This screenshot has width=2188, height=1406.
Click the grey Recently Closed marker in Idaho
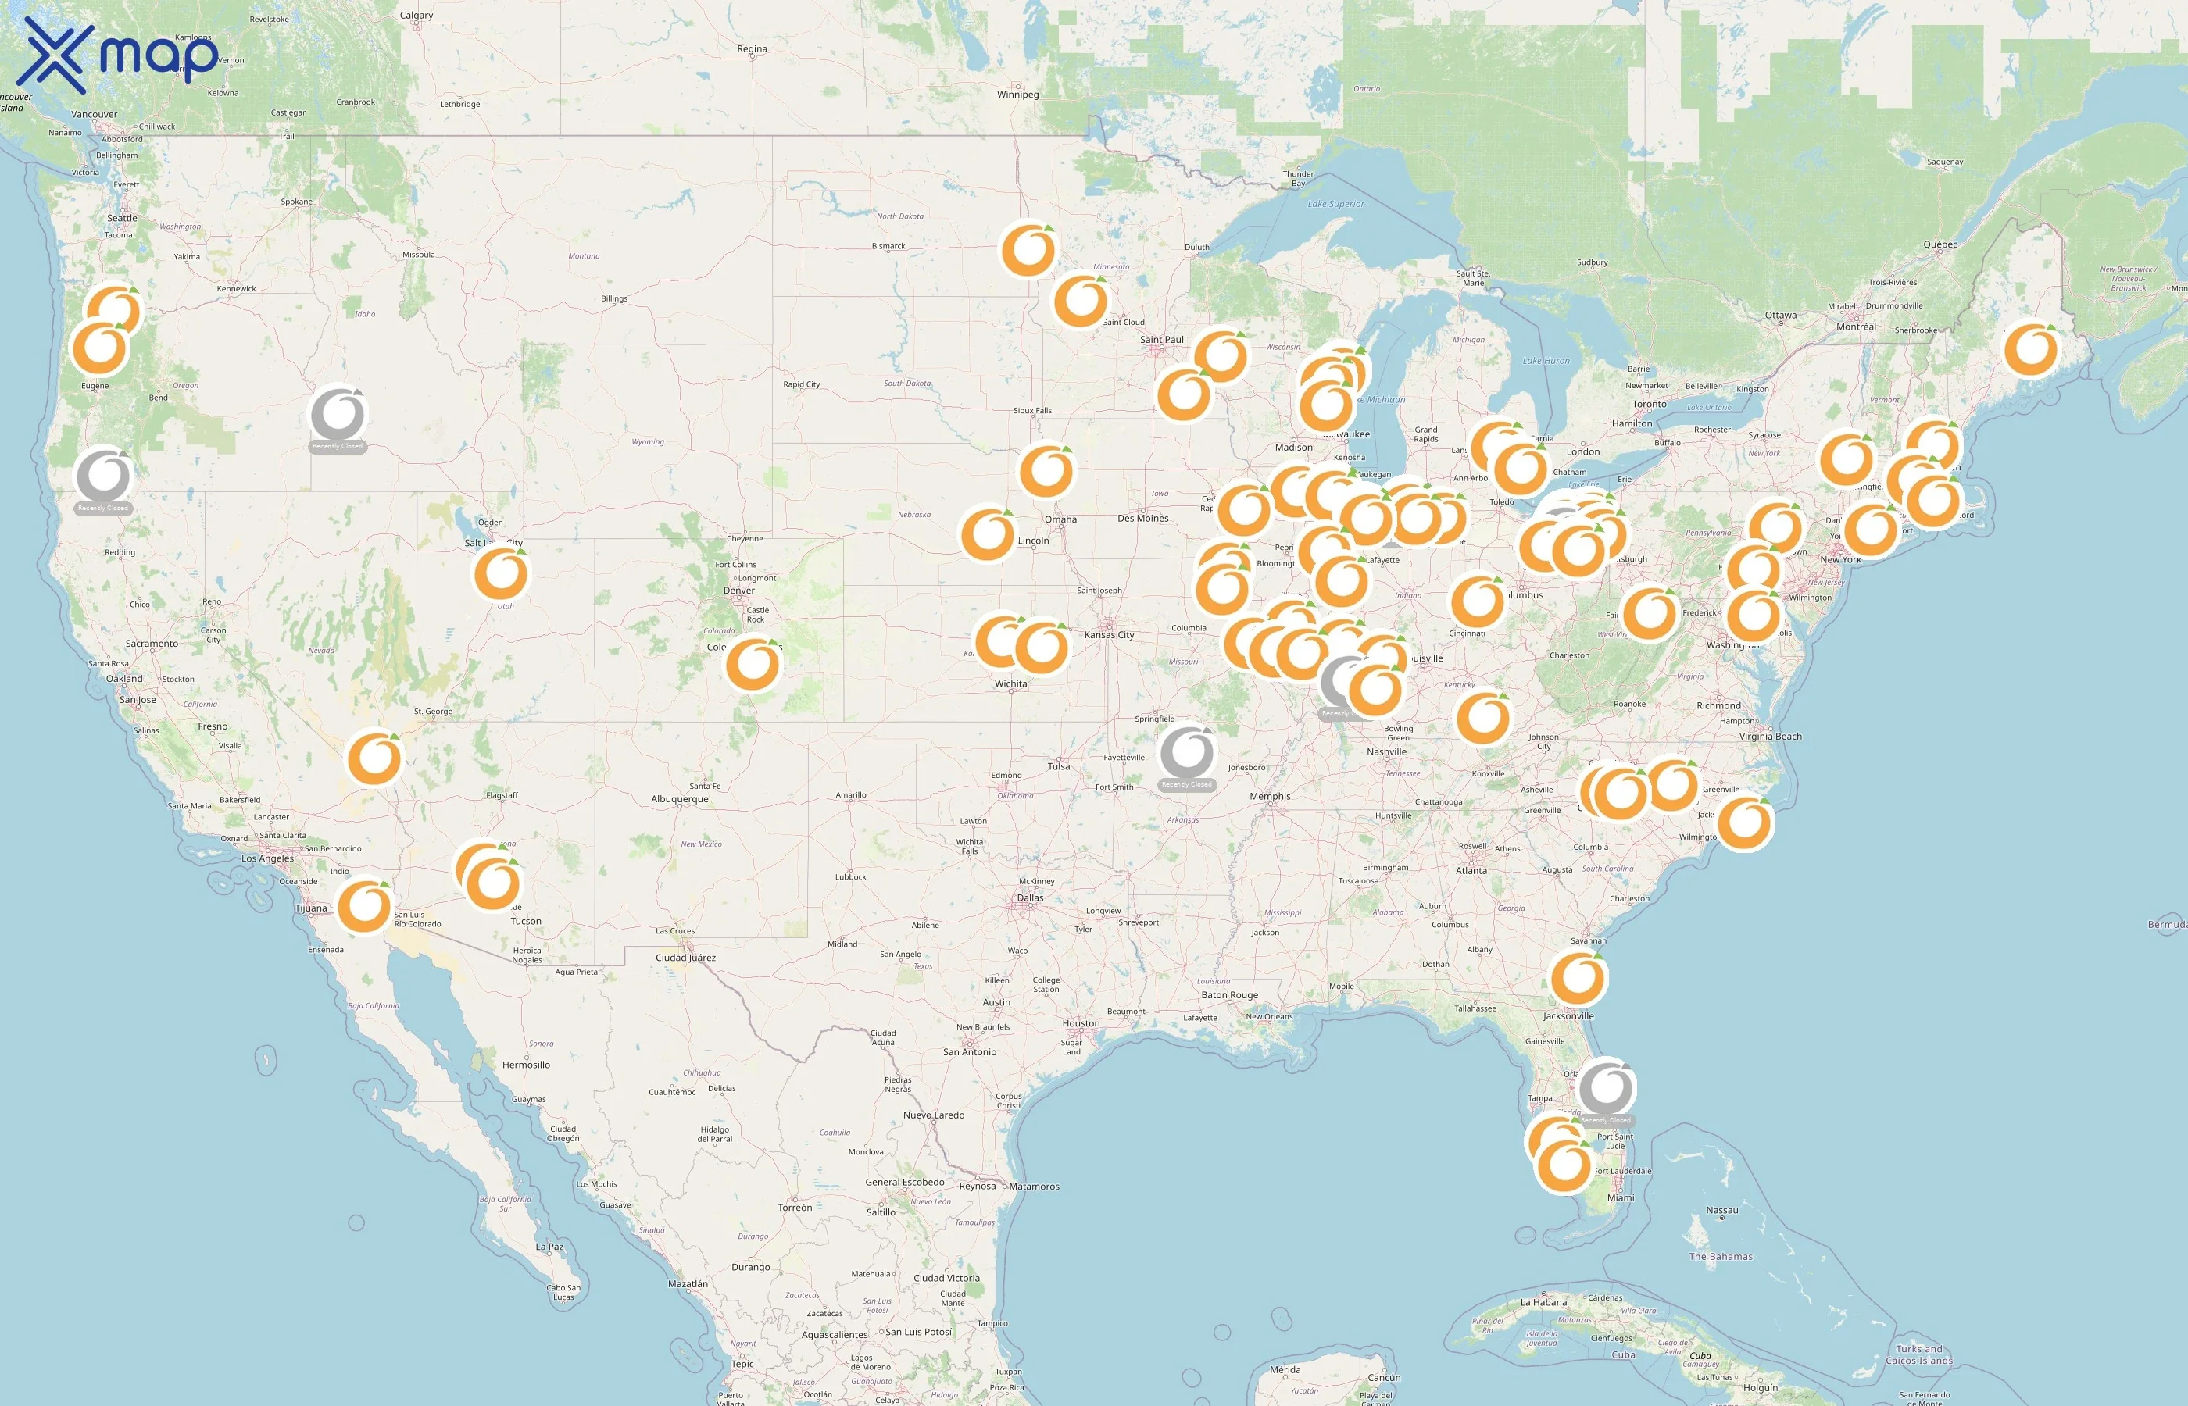coord(338,416)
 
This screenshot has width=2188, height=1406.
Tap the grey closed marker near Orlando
coord(1607,1087)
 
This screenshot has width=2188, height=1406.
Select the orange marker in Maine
coord(2031,348)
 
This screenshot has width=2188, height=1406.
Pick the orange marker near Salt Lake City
coord(500,573)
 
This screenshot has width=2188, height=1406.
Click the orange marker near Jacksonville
coord(1578,978)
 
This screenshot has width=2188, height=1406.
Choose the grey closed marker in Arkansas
coord(1186,752)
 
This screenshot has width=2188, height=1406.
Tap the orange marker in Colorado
coord(753,664)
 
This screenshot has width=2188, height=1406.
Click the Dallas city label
coord(1030,897)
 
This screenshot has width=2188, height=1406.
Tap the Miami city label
coord(1621,1198)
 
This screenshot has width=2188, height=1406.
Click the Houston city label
coord(1081,1023)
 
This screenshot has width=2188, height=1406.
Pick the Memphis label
coord(1271,796)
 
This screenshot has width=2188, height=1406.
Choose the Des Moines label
coord(1142,519)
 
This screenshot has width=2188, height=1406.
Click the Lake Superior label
coord(1335,205)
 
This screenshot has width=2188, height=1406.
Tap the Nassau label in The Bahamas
coord(1722,1211)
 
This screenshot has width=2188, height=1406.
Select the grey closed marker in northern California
coord(103,476)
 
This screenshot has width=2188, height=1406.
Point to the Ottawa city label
coord(1781,315)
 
